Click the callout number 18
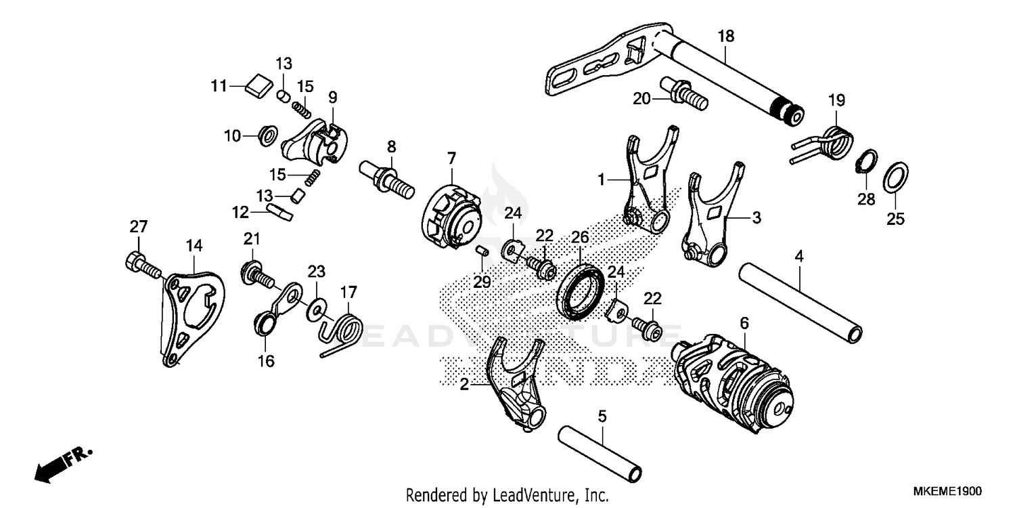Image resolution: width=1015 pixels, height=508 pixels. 725,37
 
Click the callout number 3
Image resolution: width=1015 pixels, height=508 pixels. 757,218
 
